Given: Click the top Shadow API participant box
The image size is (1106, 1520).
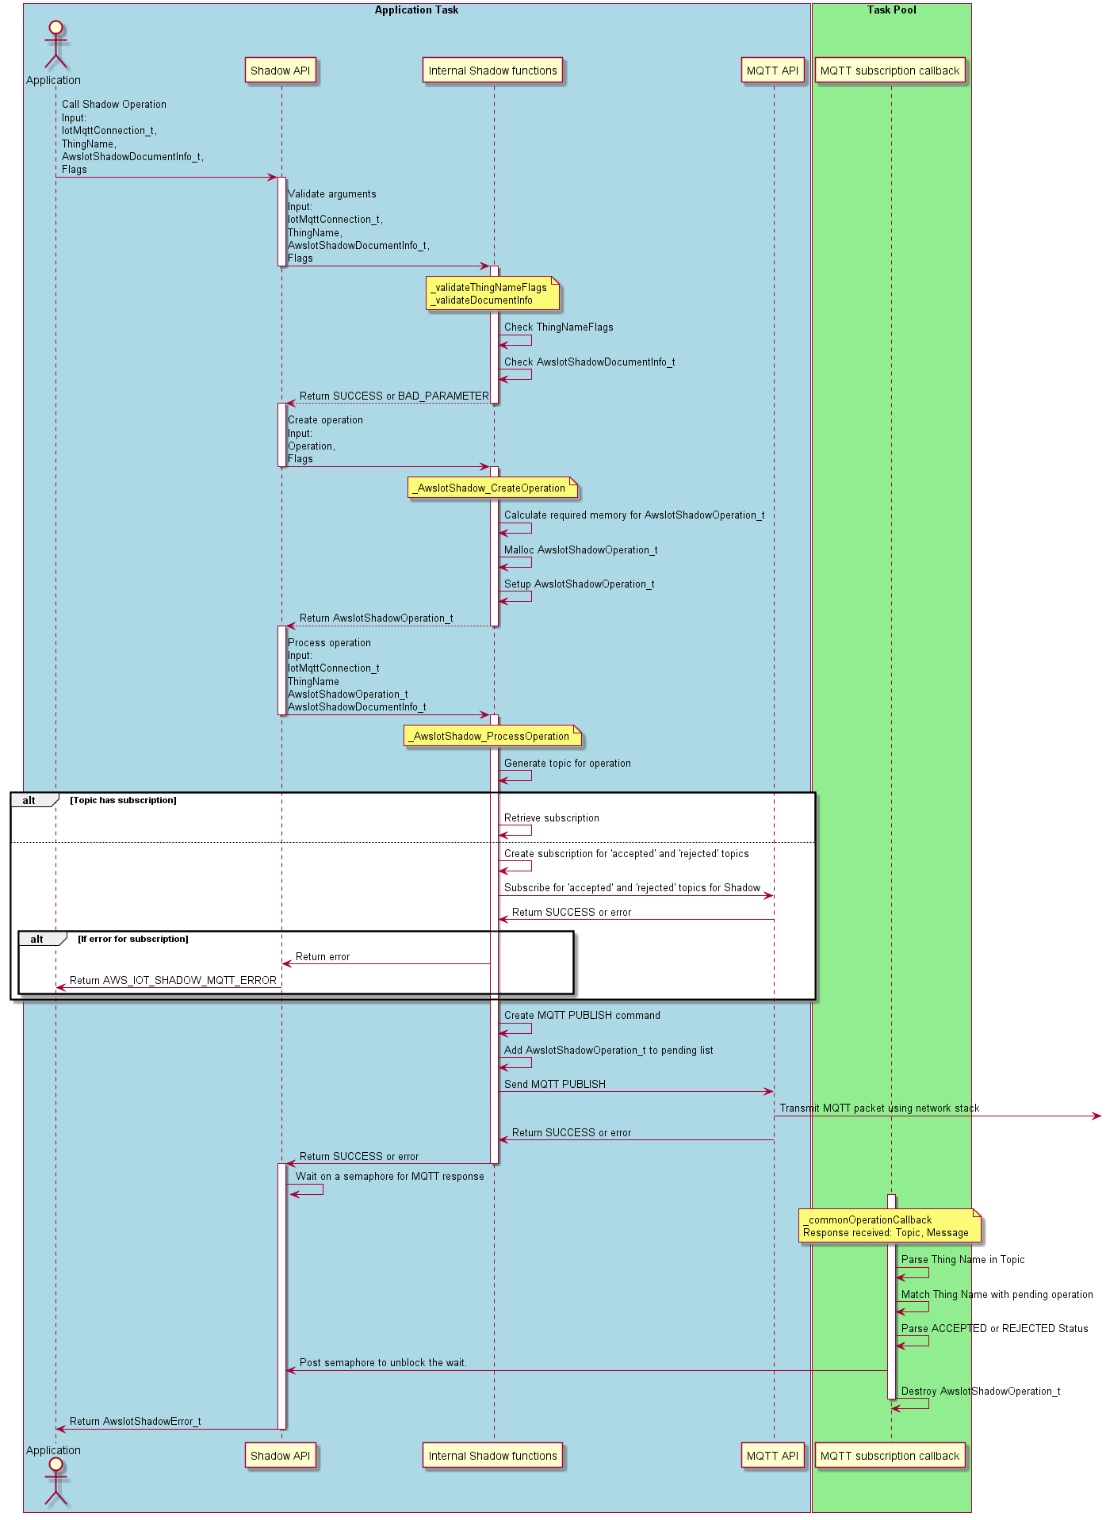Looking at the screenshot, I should point(281,71).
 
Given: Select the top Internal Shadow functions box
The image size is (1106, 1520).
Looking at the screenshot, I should point(492,71).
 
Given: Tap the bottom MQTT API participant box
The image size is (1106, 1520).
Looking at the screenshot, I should point(772,1456).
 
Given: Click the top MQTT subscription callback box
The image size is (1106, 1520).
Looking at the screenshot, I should point(890,71).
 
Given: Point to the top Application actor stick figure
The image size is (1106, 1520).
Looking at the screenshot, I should point(55,45).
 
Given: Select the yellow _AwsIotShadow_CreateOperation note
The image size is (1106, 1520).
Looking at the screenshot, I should point(492,488).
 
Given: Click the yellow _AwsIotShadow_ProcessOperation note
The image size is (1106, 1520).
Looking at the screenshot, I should point(492,737).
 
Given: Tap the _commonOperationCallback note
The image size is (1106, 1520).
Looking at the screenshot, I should point(890,1227).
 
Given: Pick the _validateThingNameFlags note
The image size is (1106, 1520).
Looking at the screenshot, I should point(492,294).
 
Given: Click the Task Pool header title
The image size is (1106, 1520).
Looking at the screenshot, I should point(891,10).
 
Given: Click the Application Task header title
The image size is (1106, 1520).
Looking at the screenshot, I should point(416,10).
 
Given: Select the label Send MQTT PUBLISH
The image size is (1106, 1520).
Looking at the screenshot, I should point(555,1084).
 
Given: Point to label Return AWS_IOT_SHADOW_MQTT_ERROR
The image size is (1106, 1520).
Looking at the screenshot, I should point(173,981).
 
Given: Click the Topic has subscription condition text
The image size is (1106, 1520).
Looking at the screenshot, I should point(124,801).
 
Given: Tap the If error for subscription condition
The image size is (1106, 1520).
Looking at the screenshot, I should point(133,940).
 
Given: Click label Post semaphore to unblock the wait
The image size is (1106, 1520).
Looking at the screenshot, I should point(383,1363).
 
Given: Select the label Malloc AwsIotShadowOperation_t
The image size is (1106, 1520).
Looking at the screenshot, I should point(580,550).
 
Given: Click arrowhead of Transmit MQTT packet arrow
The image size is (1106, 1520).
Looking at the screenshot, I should point(1097,1116).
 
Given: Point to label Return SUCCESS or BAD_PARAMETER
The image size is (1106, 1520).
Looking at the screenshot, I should point(394,396).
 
